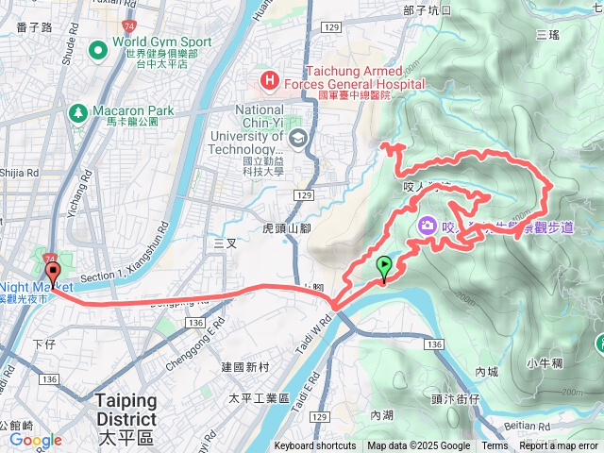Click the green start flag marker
384,267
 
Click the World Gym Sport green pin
95,48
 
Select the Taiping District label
126,409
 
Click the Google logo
35,440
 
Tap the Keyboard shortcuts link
315,446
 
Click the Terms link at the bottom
495,446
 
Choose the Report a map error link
559,446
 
